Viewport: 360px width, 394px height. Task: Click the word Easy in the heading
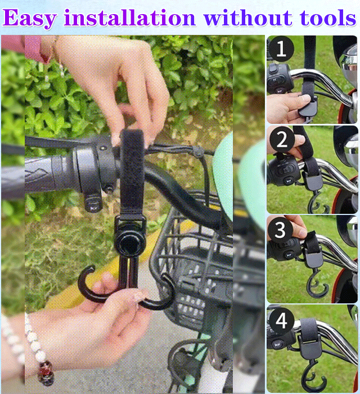point(30,18)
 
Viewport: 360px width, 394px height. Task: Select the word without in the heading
point(248,17)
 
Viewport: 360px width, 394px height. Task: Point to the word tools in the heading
point(328,17)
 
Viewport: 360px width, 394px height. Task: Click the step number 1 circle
point(281,49)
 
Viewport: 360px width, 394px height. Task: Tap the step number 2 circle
point(282,140)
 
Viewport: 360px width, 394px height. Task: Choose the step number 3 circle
point(280,230)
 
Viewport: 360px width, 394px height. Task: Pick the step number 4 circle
point(281,321)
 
